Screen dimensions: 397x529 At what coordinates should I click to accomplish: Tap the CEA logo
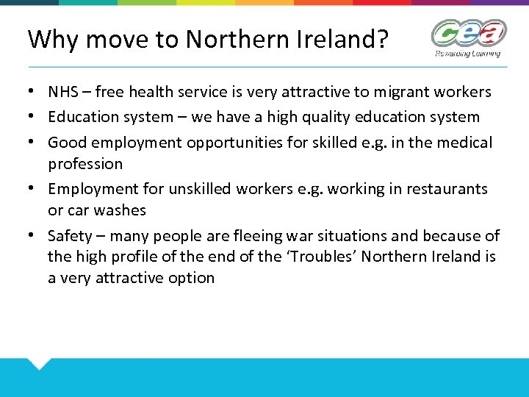pos(468,34)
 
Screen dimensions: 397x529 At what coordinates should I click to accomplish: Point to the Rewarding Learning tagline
pos(467,53)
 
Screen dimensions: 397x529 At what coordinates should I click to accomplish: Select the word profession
pos(85,163)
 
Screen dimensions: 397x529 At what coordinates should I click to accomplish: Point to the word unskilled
pos(200,189)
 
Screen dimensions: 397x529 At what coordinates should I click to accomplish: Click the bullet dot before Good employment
pos(34,143)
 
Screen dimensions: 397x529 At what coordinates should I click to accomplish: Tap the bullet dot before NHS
pos(34,93)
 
